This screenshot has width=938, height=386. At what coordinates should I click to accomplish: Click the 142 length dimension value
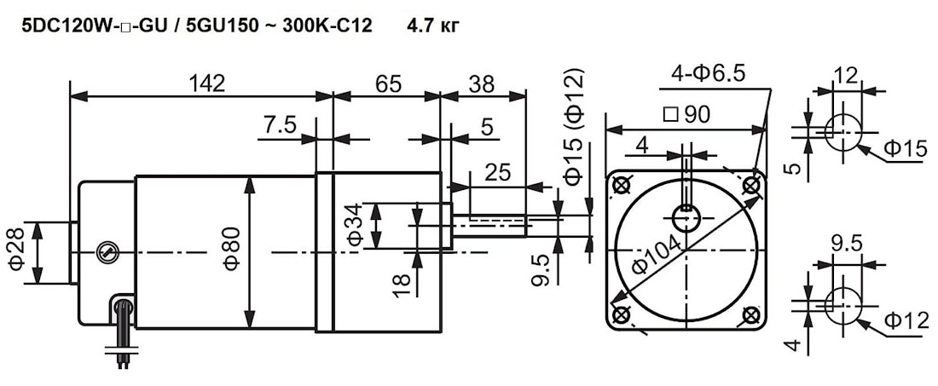(x=207, y=84)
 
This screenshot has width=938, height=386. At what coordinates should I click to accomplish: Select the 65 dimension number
(x=388, y=84)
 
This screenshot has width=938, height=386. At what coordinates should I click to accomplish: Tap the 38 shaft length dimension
(x=482, y=84)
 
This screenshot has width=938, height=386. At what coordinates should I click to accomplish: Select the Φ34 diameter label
(x=355, y=227)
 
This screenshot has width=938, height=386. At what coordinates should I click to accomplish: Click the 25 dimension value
(x=498, y=172)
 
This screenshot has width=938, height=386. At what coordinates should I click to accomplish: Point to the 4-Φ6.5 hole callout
(x=708, y=74)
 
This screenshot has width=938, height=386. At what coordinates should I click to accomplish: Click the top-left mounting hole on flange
(x=622, y=185)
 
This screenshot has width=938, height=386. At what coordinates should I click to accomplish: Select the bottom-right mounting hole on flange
(x=751, y=315)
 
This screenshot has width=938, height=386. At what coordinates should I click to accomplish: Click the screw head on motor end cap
(x=104, y=251)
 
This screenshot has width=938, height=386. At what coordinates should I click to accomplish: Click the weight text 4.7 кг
(x=434, y=26)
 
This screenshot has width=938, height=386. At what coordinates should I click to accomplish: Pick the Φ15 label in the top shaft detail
(x=905, y=150)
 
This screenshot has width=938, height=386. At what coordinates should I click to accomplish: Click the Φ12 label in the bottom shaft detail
(x=905, y=321)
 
